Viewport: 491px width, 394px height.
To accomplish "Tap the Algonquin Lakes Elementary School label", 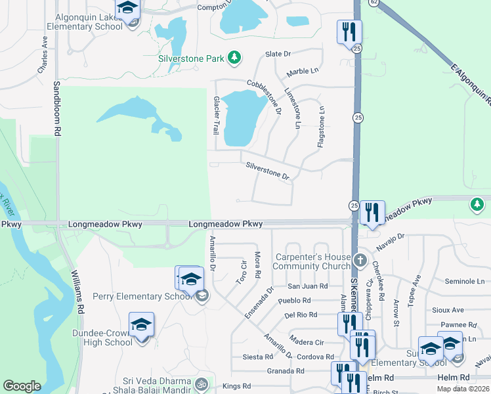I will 84,21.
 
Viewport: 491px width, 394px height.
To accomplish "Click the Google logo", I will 22,386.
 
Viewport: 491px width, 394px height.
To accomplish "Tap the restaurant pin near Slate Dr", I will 349,32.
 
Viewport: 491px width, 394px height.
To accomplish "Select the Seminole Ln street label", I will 463,281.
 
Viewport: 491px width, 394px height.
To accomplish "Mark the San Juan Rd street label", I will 308,286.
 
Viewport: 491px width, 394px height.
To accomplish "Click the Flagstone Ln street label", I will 321,127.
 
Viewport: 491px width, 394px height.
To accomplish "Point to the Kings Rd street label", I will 237,386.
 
